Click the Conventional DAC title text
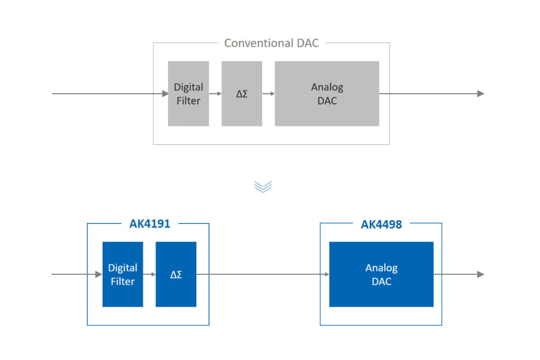pyautogui.click(x=271, y=43)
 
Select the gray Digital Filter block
pyautogui.click(x=188, y=94)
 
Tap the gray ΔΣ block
pyautogui.click(x=242, y=94)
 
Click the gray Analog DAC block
pyautogui.click(x=327, y=94)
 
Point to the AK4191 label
pyautogui.click(x=149, y=224)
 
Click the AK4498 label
pyautogui.click(x=381, y=224)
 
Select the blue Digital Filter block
pyautogui.click(x=123, y=274)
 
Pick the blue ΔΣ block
pyautogui.click(x=176, y=274)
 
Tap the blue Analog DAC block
pyautogui.click(x=381, y=274)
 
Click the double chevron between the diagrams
pyautogui.click(x=263, y=187)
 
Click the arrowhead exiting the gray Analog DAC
pyautogui.click(x=481, y=94)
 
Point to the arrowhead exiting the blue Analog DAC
pyautogui.click(x=481, y=274)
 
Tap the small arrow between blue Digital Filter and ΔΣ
pyautogui.click(x=149, y=274)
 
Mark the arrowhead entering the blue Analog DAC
pyautogui.click(x=326, y=274)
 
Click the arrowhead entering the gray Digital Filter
pyautogui.click(x=165, y=94)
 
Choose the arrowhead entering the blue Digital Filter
pyautogui.click(x=99, y=274)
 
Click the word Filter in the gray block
pyautogui.click(x=188, y=101)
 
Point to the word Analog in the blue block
pyautogui.click(x=382, y=268)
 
